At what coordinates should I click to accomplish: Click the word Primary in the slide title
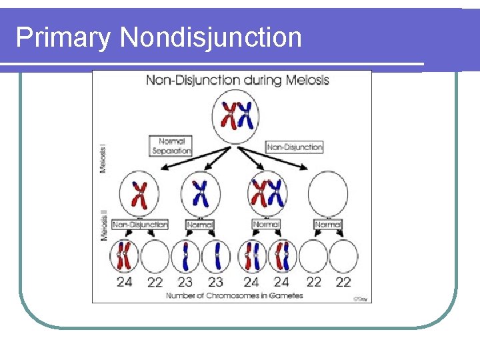[64, 37]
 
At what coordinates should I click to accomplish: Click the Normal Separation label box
[171, 146]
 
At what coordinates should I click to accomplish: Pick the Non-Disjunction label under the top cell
[295, 147]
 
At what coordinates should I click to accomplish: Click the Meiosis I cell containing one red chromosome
[139, 193]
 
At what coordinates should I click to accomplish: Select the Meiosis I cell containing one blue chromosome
[200, 193]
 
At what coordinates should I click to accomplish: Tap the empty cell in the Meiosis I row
[328, 193]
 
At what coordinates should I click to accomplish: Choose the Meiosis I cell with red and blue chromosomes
[266, 193]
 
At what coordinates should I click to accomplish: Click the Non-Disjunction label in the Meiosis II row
[140, 225]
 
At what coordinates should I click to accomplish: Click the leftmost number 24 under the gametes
[125, 282]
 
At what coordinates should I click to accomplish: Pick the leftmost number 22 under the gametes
[155, 282]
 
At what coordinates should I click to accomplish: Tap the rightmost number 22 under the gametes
[343, 282]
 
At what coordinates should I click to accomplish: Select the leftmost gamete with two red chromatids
[125, 256]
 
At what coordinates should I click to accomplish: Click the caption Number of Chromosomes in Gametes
[234, 295]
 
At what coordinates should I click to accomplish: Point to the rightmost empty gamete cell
[343, 256]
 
